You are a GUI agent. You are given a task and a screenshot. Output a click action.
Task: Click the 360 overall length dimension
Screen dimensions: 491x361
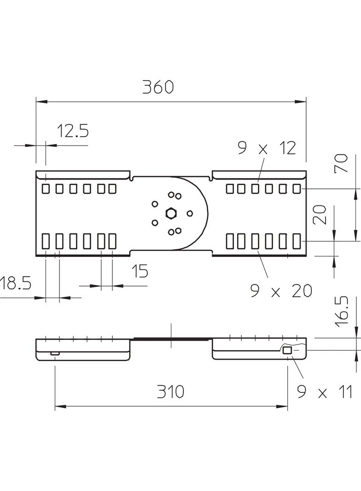[157, 87]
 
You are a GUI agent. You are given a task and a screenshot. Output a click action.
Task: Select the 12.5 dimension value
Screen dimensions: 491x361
[72, 131]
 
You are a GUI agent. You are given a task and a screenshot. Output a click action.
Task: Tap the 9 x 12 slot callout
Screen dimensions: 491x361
[267, 148]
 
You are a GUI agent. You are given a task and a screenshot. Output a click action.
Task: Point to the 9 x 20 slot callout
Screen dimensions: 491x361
[281, 291]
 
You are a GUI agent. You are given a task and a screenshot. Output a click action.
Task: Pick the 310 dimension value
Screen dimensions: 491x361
[170, 392]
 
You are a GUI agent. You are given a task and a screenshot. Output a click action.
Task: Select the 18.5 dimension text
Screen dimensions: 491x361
[15, 283]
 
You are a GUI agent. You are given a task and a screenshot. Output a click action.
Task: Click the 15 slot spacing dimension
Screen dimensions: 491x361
[140, 271]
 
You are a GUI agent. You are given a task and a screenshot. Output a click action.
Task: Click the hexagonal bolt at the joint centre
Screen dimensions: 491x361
[171, 213]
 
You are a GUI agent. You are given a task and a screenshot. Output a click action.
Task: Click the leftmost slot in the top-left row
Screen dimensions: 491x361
[46, 188]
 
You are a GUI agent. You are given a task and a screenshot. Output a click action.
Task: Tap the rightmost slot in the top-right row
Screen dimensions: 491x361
[297, 188]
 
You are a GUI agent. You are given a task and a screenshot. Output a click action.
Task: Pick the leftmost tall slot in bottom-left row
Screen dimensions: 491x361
[46, 241]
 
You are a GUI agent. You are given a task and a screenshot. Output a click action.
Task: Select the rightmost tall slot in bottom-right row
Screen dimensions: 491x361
[297, 241]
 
